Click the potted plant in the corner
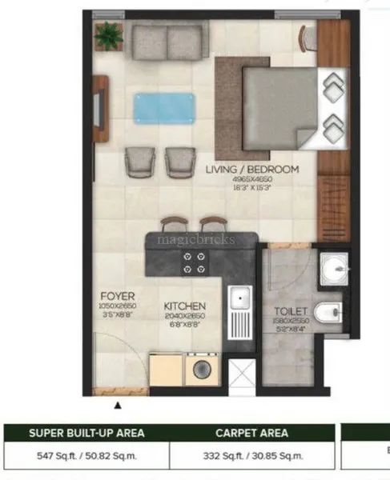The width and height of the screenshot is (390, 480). [107, 35]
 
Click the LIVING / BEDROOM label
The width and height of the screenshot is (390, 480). [251, 170]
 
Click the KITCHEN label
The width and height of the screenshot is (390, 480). [185, 306]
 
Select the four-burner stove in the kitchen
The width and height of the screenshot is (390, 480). [194, 263]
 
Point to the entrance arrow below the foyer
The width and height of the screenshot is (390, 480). [119, 405]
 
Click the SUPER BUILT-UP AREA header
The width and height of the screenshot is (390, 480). [86, 433]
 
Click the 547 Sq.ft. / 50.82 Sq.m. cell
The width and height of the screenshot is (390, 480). [86, 456]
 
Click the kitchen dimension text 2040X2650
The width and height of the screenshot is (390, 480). [185, 317]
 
